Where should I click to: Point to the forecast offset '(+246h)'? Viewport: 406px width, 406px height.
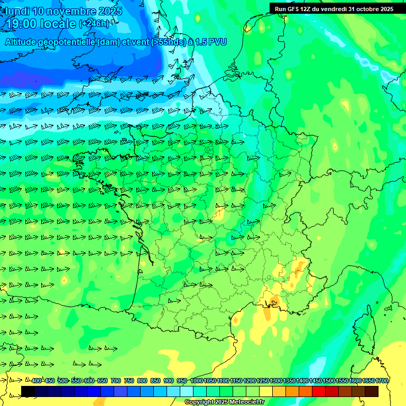coord(95,24)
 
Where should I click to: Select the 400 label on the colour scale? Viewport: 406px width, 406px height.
coord(36,381)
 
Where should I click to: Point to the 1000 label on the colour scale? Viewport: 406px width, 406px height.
coord(196,381)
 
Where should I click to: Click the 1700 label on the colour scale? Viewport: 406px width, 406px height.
coord(382,381)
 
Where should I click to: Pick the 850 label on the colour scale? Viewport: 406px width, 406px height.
coord(155,381)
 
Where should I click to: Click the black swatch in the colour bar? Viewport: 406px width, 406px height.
coord(28,391)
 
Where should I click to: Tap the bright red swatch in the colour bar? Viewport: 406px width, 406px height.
coord(319,391)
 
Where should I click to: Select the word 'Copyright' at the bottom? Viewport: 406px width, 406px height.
coord(198,402)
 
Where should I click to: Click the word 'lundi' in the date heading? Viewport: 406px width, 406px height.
coord(16,11)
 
